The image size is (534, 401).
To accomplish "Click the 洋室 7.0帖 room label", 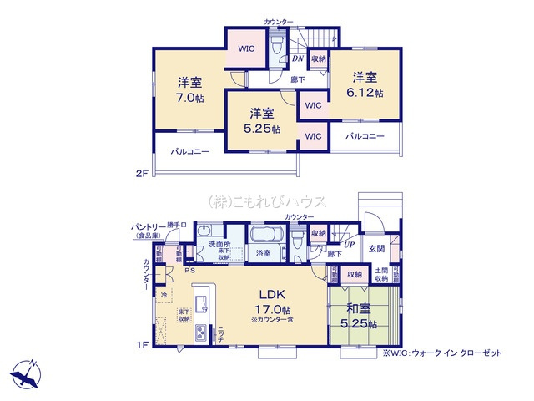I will pos(189,89).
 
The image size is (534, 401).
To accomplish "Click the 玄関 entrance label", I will pos(376,249).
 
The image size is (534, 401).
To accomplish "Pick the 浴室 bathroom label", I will pos(263,252).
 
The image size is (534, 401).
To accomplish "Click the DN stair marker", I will pos(298,58).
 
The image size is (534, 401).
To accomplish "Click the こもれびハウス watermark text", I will pos(267,201).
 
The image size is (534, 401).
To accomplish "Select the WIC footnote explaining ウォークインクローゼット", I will pos(442,353).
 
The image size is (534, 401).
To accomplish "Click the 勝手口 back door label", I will pos(178,225).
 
